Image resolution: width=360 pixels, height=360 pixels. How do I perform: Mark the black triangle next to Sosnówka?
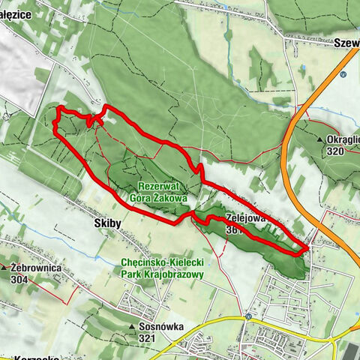(132, 328)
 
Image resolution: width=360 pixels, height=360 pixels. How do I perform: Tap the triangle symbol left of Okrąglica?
(320, 140)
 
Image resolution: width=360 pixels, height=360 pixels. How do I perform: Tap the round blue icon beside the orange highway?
(343, 74)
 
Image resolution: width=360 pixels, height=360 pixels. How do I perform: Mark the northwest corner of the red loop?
(57, 111)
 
